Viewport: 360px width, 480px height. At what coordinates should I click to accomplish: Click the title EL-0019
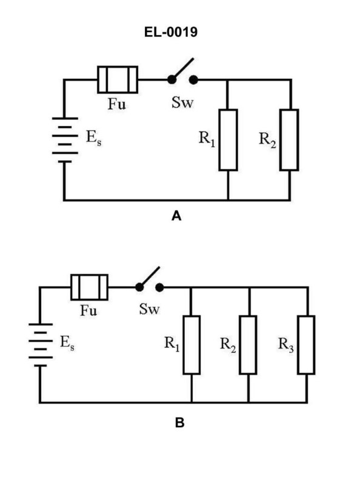pos(179,33)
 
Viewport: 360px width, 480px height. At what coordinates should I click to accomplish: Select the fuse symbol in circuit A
pos(118,79)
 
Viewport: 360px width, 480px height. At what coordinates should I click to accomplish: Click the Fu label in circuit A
pos(117,103)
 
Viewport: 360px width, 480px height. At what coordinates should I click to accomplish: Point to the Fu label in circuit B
pos(90,310)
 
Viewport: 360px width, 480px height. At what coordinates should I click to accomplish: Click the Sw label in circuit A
pos(181,103)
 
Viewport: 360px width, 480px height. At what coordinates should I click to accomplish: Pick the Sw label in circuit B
pos(149,310)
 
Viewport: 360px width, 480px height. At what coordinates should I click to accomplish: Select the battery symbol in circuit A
pos(64,140)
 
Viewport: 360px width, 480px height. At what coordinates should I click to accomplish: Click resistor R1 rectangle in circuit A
pos(228,140)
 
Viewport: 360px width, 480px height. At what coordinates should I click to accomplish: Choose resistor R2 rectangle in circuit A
pos(290,140)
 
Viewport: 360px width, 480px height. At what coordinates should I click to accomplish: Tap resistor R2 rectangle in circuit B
pos(248,344)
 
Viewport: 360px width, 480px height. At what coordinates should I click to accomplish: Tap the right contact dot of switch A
pos(193,79)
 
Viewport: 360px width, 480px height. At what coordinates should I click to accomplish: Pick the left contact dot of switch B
pos(139,287)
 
